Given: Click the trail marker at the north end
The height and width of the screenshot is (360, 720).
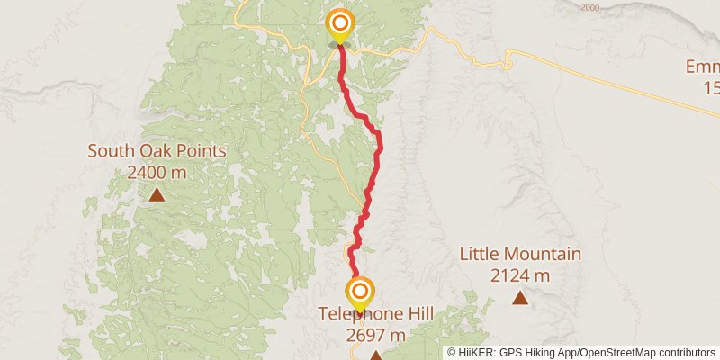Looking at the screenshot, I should (x=340, y=23).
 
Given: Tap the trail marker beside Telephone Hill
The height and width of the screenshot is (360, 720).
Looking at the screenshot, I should (x=360, y=292).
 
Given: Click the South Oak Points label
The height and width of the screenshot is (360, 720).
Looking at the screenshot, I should (x=157, y=151).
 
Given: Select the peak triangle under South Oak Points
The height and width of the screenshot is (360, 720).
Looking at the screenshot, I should (x=157, y=193).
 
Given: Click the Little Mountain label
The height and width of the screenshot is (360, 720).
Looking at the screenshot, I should (x=520, y=254).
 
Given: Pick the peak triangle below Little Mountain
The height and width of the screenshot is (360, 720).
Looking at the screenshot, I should (x=519, y=297).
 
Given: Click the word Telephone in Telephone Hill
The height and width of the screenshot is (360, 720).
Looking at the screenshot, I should (x=358, y=314).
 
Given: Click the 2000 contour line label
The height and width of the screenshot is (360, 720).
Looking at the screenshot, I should (x=589, y=8).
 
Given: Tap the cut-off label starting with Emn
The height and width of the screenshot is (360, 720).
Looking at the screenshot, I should (x=702, y=67).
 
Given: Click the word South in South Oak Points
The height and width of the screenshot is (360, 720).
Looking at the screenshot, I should (x=110, y=151).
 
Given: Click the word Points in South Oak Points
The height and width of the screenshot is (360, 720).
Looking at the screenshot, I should (x=202, y=151).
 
